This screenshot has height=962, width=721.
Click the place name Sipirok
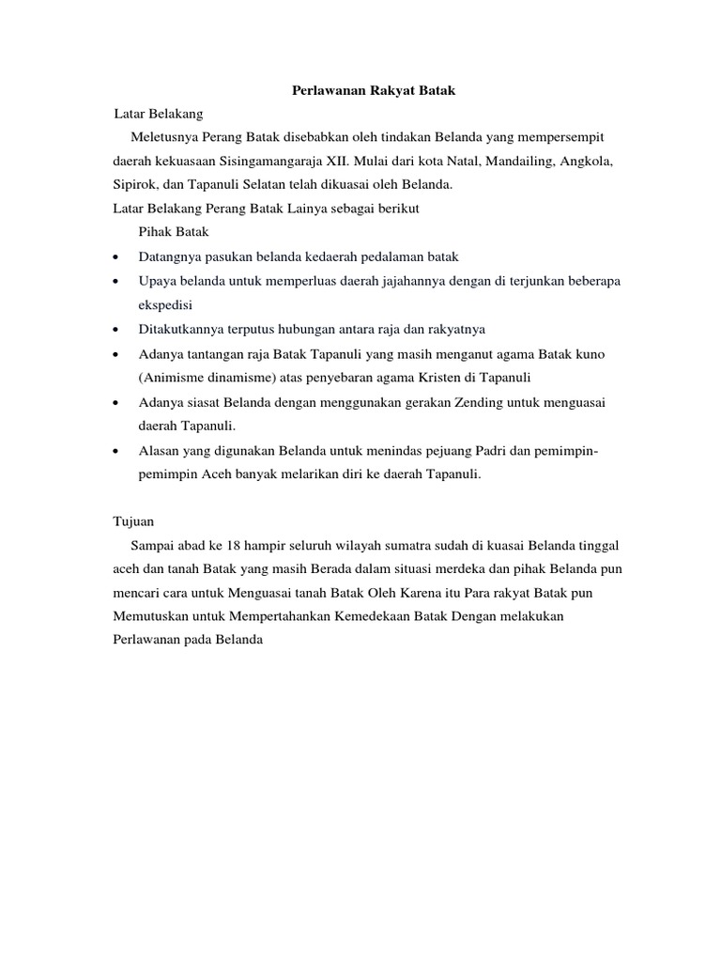tap(132, 186)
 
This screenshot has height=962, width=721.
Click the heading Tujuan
tap(133, 520)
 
